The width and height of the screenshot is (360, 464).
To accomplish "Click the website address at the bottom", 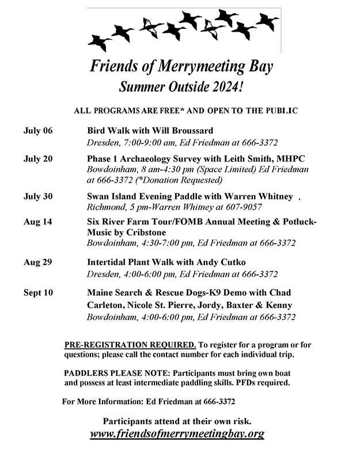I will coord(177,433).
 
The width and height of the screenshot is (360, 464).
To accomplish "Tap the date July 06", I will coord(38,130).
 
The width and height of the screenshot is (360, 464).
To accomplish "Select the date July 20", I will coord(38,159).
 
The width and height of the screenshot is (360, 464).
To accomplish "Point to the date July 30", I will coord(38,196).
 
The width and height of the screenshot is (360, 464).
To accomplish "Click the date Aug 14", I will coord(37,221).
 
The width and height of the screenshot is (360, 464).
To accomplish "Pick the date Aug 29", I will coord(37,262).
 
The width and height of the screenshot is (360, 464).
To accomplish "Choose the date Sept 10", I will coord(39,293).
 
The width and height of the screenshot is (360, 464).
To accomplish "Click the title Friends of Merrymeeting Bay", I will coord(181,66).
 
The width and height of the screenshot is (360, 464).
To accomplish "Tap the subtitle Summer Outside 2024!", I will coord(181,88).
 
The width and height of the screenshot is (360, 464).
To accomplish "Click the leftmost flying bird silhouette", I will coord(98,42).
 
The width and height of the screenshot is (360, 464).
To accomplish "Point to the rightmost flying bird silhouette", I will coord(267,22).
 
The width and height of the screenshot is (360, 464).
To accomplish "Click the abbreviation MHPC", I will coord(292,159).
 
